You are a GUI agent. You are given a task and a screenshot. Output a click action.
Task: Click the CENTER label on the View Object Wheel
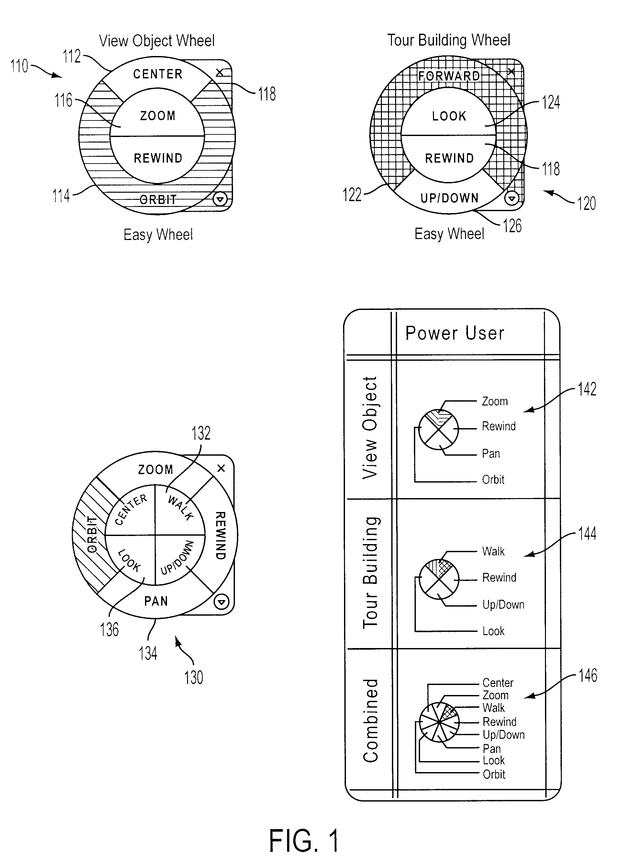pyautogui.click(x=158, y=74)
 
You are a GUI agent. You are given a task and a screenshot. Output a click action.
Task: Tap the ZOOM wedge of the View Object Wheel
pyautogui.click(x=158, y=116)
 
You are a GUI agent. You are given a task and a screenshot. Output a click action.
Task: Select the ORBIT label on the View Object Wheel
pyautogui.click(x=158, y=199)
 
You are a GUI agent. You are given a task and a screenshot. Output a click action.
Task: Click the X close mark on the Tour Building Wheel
pyautogui.click(x=511, y=71)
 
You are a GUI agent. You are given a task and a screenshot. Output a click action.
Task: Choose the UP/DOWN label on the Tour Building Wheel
pyautogui.click(x=449, y=198)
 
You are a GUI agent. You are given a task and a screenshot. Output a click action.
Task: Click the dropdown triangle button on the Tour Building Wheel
pyautogui.click(x=512, y=198)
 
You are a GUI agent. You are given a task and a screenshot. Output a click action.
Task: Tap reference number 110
pyautogui.click(x=19, y=66)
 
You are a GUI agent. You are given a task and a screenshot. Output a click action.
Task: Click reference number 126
pyautogui.click(x=512, y=226)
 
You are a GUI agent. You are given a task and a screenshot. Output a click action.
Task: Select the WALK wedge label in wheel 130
pyautogui.click(x=181, y=508)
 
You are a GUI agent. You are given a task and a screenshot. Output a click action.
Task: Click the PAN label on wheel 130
pyautogui.click(x=156, y=601)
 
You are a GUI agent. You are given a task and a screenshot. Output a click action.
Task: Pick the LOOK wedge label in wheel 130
pyautogui.click(x=129, y=561)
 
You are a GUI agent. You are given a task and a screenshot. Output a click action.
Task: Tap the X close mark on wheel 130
pyautogui.click(x=221, y=468)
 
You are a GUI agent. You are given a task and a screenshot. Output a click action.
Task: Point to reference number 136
pyautogui.click(x=109, y=629)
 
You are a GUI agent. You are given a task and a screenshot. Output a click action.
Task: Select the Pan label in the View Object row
pyautogui.click(x=491, y=454)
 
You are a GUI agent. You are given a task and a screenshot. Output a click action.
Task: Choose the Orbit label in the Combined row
pyautogui.click(x=494, y=774)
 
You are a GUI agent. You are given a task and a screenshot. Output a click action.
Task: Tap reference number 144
pyautogui.click(x=587, y=534)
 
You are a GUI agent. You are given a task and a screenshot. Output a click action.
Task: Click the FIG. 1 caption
pyautogui.click(x=304, y=840)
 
